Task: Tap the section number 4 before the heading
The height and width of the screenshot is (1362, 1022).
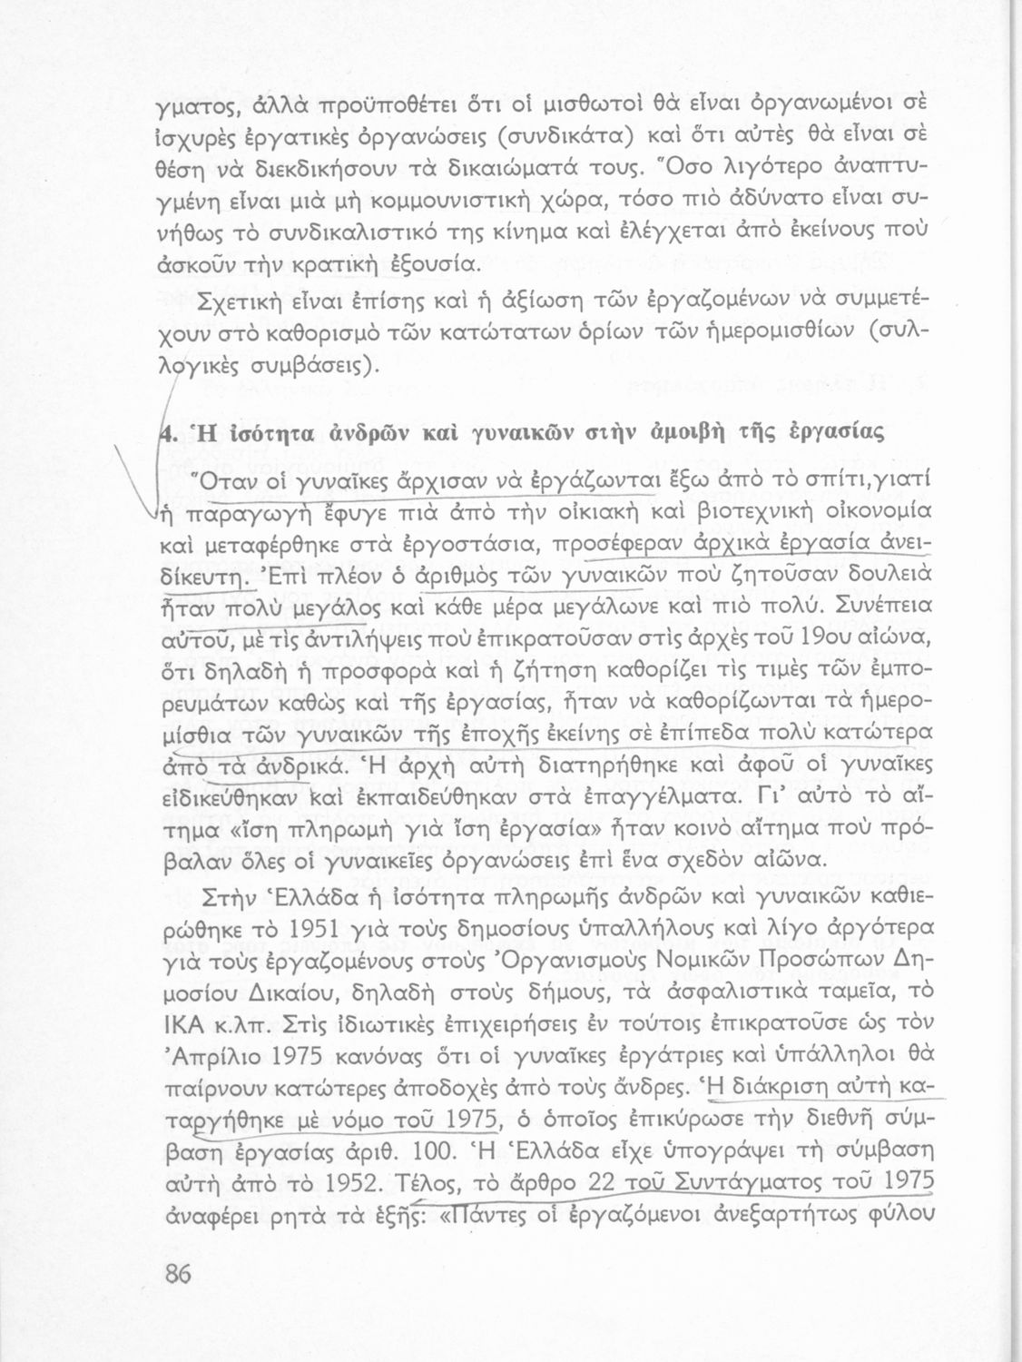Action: point(166,434)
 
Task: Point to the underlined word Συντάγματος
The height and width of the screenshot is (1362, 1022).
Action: point(760,1182)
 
